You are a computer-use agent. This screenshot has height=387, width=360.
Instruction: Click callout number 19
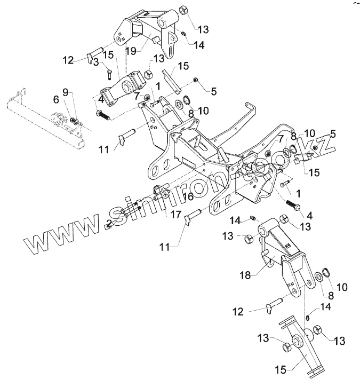click(x=131, y=50)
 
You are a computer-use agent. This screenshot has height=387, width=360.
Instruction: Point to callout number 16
click(x=172, y=196)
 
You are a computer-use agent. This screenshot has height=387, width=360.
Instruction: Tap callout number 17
click(x=176, y=214)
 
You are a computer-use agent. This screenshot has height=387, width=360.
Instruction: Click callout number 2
click(x=109, y=223)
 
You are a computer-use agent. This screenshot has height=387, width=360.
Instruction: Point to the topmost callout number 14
click(x=199, y=46)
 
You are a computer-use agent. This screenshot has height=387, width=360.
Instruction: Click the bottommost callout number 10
click(x=341, y=287)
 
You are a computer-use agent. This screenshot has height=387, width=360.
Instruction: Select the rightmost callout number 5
click(x=333, y=134)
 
